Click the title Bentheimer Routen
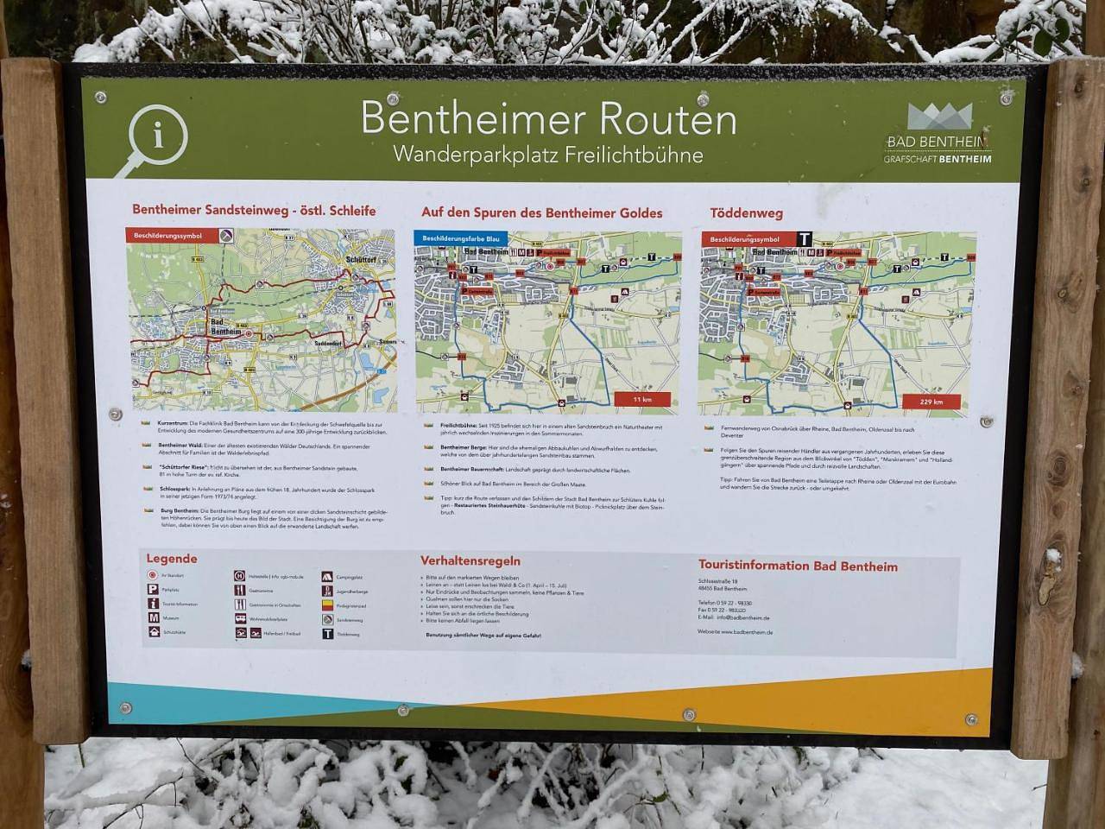click(x=548, y=118)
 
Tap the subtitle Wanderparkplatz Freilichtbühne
click(x=547, y=155)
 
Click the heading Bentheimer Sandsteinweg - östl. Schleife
click(x=254, y=210)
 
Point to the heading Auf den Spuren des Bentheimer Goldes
click(x=541, y=212)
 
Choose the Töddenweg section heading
click(x=746, y=212)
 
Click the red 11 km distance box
click(x=641, y=400)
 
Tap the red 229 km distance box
click(x=931, y=402)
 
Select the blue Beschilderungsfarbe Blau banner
click(x=463, y=237)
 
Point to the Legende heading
click(x=172, y=559)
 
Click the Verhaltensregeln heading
click(x=470, y=561)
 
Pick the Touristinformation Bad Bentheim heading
click(x=798, y=566)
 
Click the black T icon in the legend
click(x=328, y=633)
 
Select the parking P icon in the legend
click(x=153, y=590)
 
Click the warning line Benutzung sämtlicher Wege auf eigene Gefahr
click(x=483, y=636)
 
